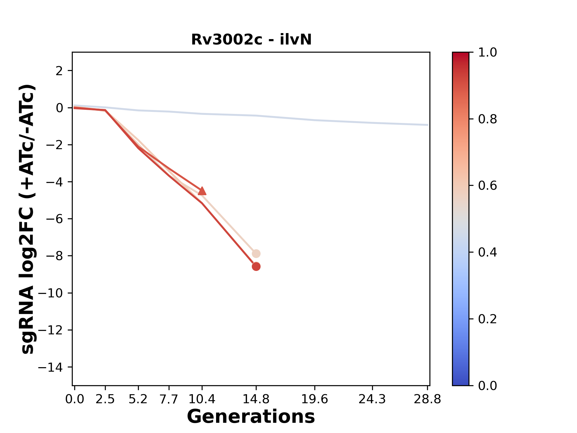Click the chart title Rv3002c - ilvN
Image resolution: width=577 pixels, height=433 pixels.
point(251,40)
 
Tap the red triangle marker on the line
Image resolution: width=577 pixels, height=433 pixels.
point(202,191)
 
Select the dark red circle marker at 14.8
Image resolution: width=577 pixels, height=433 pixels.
point(256,266)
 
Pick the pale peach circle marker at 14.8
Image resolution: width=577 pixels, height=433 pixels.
point(256,253)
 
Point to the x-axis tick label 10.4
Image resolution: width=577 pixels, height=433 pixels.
point(202,399)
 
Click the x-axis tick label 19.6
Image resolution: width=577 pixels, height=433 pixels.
point(315,399)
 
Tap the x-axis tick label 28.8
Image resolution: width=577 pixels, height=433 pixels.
point(427,399)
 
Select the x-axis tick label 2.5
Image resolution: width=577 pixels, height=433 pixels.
point(105,399)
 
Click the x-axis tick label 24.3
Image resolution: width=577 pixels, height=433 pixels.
point(372,399)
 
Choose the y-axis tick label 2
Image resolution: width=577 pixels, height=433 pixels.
point(60,71)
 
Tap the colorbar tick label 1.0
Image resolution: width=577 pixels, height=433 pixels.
point(487,53)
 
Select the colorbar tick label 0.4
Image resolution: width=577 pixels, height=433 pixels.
point(487,252)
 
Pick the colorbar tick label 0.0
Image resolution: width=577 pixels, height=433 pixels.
point(487,385)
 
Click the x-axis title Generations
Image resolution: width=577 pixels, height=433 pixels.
point(251,417)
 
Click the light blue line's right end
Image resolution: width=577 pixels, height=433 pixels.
point(427,125)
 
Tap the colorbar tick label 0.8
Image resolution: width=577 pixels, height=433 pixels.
point(487,119)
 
